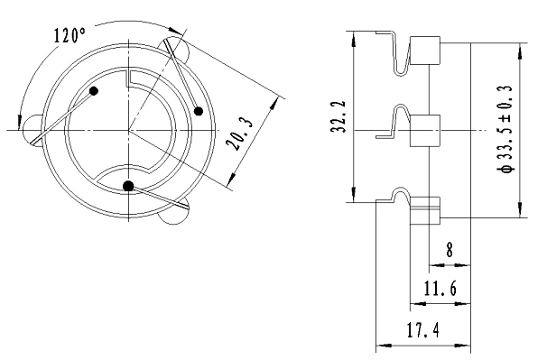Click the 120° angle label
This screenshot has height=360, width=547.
70,35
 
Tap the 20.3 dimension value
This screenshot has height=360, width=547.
239,134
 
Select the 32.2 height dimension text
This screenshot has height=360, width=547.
338,116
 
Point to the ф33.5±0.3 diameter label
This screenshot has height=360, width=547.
505,128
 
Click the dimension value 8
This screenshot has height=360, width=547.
450,249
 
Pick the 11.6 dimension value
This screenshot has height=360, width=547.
440,289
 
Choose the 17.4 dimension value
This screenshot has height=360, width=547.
423,329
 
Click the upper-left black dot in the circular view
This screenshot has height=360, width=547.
94,91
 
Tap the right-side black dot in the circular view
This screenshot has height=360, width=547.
199,111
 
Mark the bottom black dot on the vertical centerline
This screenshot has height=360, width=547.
128,186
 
